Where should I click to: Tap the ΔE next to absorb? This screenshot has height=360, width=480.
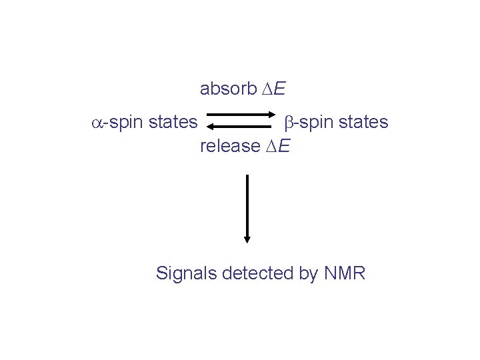point(275,88)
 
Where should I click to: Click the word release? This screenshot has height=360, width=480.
point(229,145)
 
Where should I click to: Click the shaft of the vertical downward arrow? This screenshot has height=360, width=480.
point(247,203)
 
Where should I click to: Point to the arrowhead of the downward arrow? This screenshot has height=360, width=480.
point(247,239)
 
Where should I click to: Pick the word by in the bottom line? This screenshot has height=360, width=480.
point(309,274)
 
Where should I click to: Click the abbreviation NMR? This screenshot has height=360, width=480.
point(345,273)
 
